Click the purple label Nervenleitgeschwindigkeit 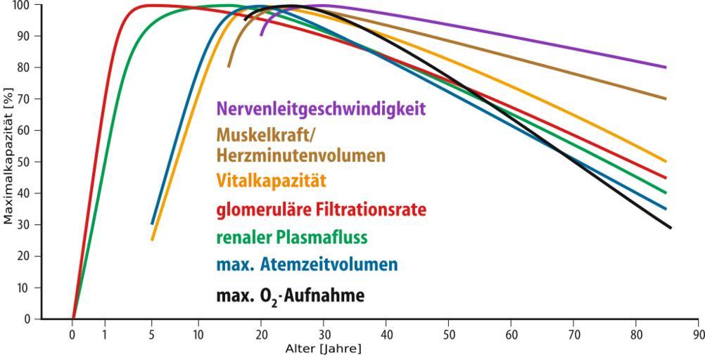tap(322, 109)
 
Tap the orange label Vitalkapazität tap(271, 181)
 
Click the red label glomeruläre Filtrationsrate tap(322, 210)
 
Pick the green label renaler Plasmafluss tap(292, 238)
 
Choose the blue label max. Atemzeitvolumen tap(307, 266)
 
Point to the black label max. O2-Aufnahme tap(291, 295)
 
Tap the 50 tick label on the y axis tap(27, 162)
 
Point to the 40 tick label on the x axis tap(386, 335)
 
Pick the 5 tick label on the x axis tap(151, 335)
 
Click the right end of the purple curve tap(666, 67)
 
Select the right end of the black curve tap(671, 228)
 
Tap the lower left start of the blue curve tap(151, 224)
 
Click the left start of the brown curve tap(229, 67)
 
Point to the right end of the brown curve tap(666, 98)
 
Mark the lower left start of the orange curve tap(151, 240)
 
